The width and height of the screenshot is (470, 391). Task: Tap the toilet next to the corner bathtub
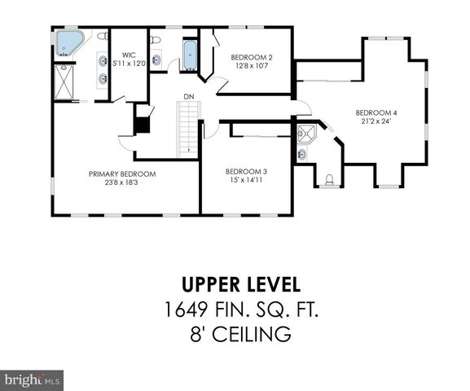[x=102, y=36]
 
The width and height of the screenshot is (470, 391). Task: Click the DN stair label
[x=188, y=97]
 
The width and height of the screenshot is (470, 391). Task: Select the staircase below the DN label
[x=188, y=132]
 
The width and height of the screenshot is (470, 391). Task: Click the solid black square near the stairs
[x=143, y=125]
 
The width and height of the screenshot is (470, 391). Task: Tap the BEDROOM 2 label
[x=251, y=56]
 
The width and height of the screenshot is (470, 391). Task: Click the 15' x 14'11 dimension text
[x=246, y=179]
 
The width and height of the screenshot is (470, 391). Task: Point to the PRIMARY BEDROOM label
[x=122, y=174]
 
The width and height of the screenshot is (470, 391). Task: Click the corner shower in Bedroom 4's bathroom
[x=306, y=134]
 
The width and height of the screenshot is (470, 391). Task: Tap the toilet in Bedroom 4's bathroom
[x=330, y=180]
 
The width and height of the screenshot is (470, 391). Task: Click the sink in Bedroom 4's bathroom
[x=303, y=153]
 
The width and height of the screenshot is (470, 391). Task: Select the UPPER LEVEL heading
[x=235, y=285]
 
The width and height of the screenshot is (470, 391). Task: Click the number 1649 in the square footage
[x=181, y=310]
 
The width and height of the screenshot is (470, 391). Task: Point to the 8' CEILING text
[x=235, y=334]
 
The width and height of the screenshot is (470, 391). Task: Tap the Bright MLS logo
[x=33, y=380]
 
